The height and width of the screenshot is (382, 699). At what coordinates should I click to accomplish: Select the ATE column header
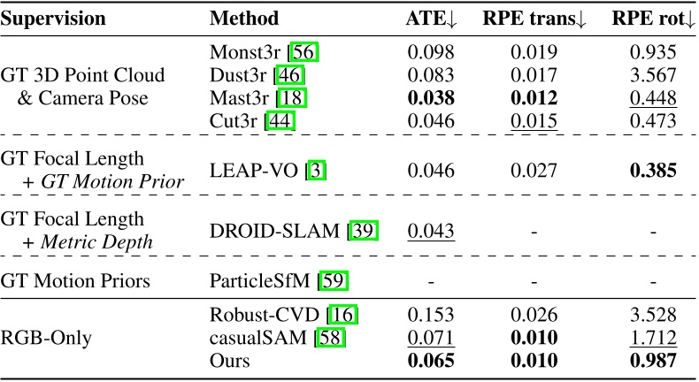coord(431,18)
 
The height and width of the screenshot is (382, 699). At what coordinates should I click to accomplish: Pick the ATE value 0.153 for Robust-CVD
coord(431,313)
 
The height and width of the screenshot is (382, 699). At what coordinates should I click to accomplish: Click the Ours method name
coord(231,361)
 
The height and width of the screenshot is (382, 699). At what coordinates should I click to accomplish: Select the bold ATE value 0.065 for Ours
coord(431,361)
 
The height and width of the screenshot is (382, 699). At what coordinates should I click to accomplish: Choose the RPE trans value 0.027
coord(534,171)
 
